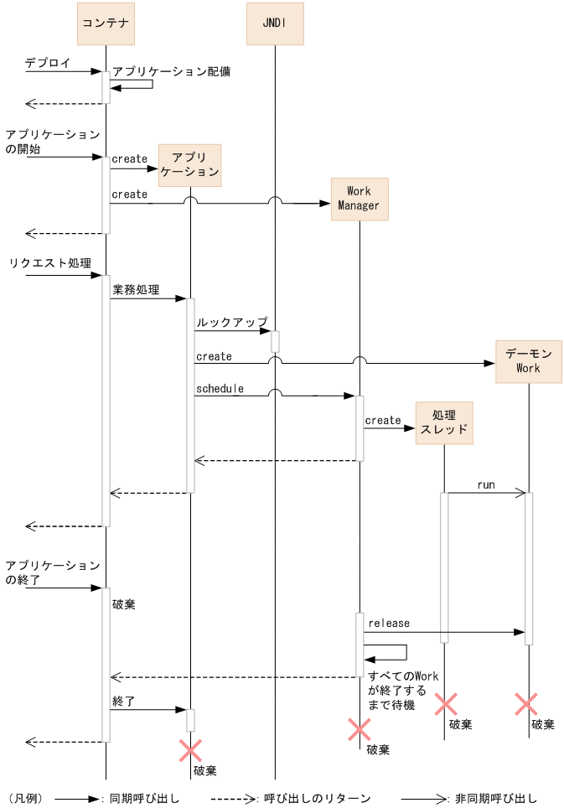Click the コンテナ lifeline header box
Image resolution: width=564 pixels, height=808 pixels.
(x=106, y=23)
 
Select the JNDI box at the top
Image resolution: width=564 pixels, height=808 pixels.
(x=275, y=23)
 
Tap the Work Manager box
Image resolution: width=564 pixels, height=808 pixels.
(x=360, y=199)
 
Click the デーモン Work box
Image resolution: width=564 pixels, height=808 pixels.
(x=529, y=362)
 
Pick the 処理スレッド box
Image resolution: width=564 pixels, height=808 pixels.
(x=444, y=423)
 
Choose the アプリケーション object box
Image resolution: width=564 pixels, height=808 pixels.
(x=189, y=165)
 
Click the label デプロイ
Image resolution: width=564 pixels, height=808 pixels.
(x=48, y=63)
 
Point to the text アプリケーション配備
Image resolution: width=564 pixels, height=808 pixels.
(x=172, y=71)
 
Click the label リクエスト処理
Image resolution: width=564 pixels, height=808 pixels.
(x=50, y=263)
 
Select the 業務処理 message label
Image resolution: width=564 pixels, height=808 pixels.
(x=136, y=290)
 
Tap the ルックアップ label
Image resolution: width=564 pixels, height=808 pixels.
(x=232, y=322)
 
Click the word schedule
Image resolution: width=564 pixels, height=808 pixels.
(x=220, y=389)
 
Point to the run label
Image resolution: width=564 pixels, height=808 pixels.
(x=486, y=485)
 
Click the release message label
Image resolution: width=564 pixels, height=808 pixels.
(x=389, y=623)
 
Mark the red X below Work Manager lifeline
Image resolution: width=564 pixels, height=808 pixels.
(x=360, y=730)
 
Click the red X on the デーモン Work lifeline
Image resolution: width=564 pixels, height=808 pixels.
(x=526, y=704)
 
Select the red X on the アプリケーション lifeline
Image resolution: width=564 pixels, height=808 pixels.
(x=190, y=751)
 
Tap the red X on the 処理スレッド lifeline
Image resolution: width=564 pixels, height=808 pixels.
(x=446, y=704)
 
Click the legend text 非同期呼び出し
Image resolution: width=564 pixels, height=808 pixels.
(x=495, y=799)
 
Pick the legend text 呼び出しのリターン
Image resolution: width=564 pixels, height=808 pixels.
(x=318, y=799)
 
